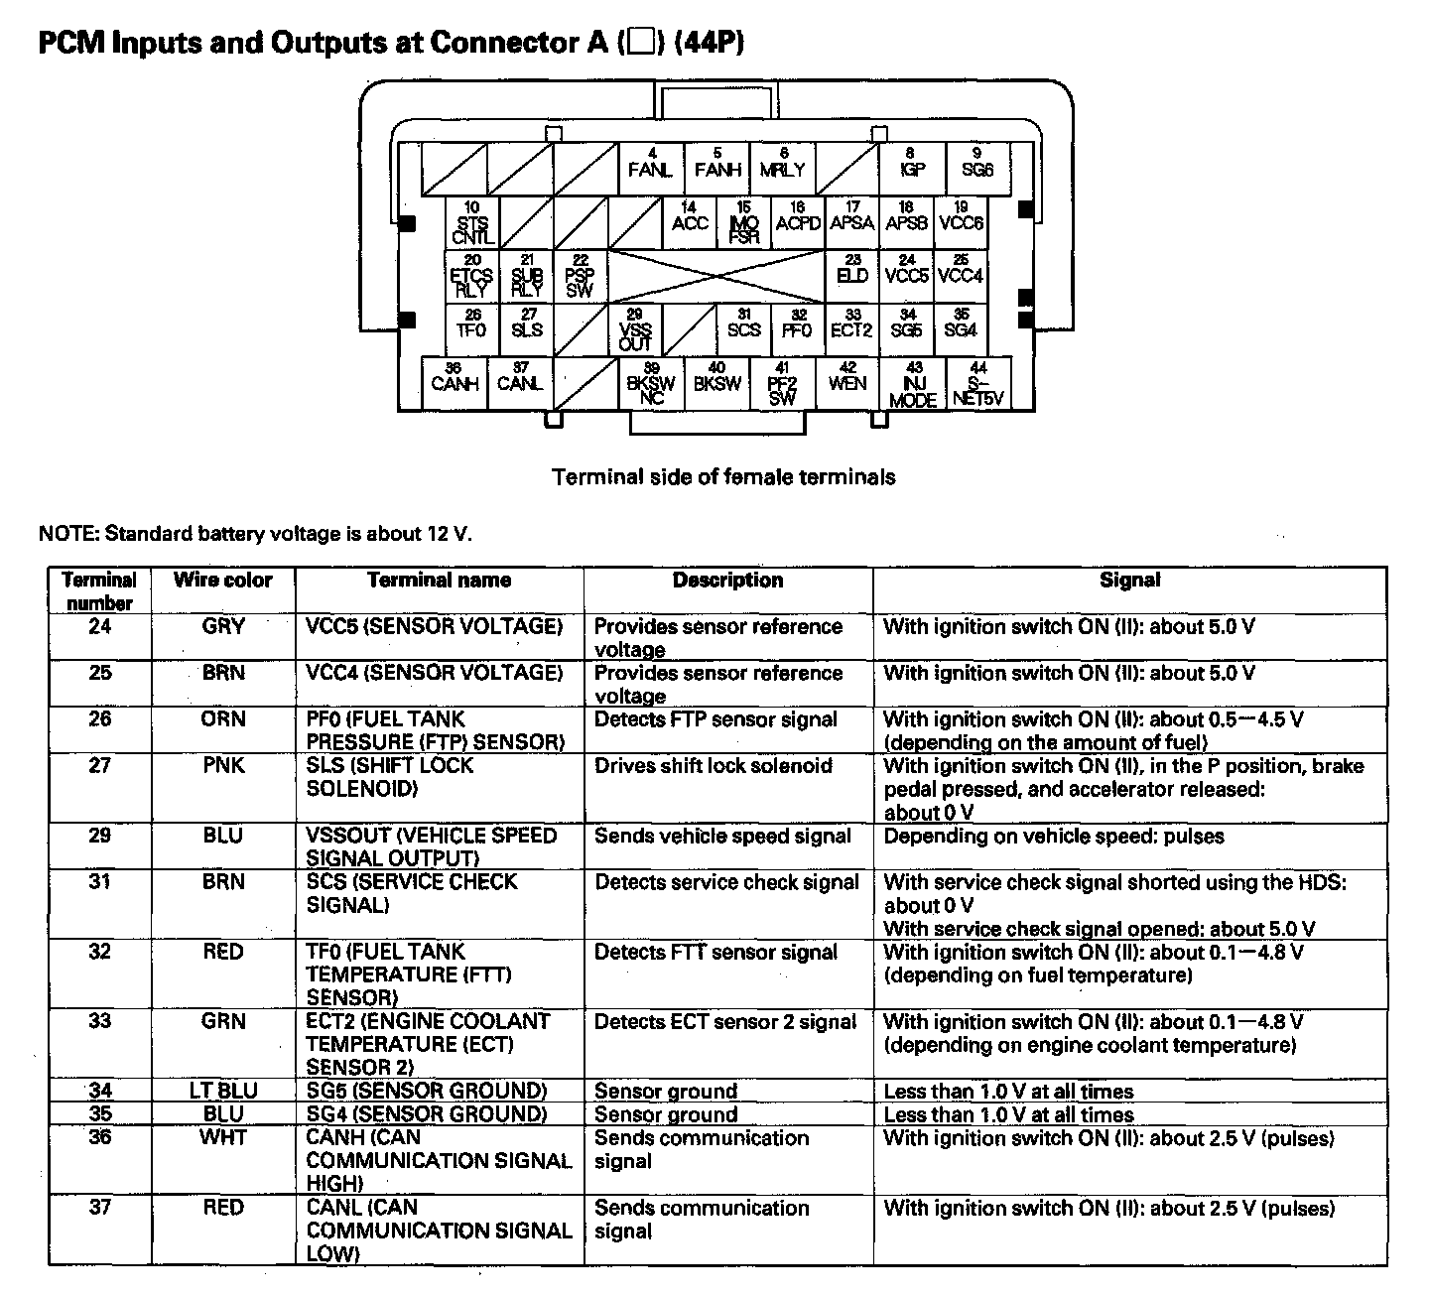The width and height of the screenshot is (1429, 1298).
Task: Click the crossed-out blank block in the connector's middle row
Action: (x=715, y=276)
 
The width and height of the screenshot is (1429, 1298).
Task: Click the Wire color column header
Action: (x=222, y=581)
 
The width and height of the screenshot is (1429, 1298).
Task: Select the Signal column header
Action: (x=1129, y=581)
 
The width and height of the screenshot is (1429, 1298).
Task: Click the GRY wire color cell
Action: (x=222, y=627)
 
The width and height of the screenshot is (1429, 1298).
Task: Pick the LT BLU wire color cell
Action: (x=222, y=1091)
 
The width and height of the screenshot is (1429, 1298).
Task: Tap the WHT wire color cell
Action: (x=222, y=1137)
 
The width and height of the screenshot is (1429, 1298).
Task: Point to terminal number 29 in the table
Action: (x=99, y=836)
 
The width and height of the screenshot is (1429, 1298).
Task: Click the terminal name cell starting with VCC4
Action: (x=434, y=674)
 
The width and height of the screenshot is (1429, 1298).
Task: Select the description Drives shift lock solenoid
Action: (x=713, y=766)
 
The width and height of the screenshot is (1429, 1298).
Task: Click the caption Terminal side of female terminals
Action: (x=723, y=477)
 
